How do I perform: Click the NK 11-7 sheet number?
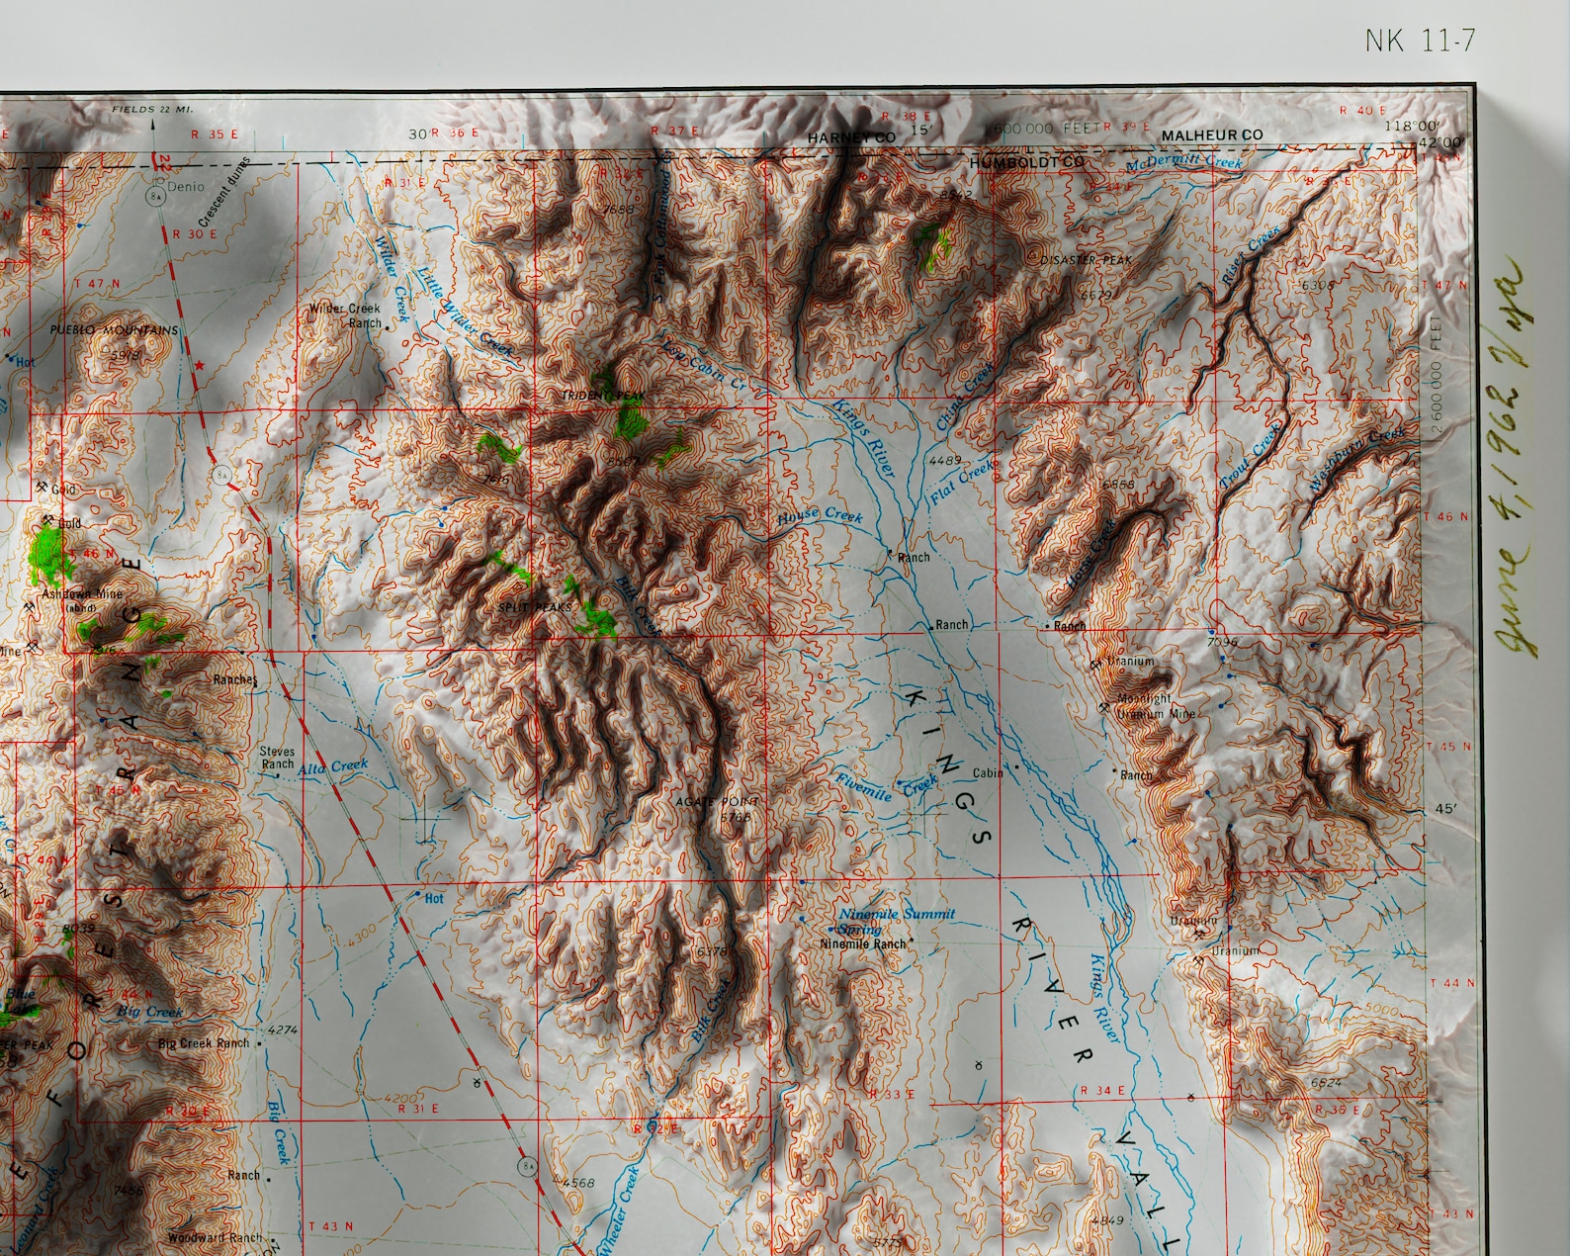point(1420,41)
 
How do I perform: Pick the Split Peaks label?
point(534,606)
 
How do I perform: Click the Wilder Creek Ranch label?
point(345,315)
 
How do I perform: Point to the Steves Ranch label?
point(278,758)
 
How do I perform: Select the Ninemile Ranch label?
point(863,944)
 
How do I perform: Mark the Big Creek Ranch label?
point(204,1043)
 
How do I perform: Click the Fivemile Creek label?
point(885,789)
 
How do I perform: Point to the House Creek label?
point(820,518)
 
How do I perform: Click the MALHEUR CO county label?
point(1212,135)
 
